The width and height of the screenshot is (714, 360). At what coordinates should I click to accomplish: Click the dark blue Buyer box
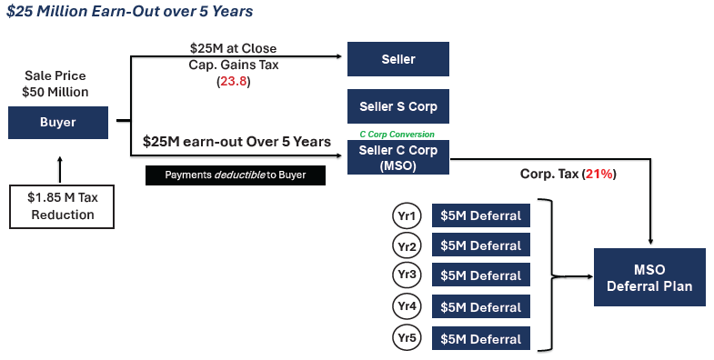pyautogui.click(x=56, y=123)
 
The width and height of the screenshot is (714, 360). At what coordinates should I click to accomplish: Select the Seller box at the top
pyautogui.click(x=398, y=59)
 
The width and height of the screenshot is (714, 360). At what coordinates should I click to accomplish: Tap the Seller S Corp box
pyautogui.click(x=398, y=107)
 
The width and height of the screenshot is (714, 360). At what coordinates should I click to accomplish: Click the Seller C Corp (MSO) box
pyautogui.click(x=398, y=156)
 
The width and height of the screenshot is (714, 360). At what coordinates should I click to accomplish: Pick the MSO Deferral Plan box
pyautogui.click(x=649, y=277)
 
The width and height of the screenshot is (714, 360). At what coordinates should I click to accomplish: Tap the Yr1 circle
pyautogui.click(x=407, y=215)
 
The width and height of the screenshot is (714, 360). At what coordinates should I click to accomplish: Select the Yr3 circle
pyautogui.click(x=407, y=275)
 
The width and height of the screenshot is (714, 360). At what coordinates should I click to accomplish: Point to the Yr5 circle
pyautogui.click(x=407, y=337)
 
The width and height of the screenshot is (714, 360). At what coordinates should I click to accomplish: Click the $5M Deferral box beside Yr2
pyautogui.click(x=480, y=245)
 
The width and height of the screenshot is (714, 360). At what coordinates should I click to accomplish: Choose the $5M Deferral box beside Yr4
pyautogui.click(x=480, y=307)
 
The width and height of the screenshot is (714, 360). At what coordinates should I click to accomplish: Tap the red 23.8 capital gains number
pyautogui.click(x=234, y=82)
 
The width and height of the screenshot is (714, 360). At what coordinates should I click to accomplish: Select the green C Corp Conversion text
pyautogui.click(x=398, y=134)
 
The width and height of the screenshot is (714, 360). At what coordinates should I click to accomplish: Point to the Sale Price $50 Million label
pyautogui.click(x=56, y=85)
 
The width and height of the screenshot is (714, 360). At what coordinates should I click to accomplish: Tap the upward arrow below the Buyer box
pyautogui.click(x=60, y=168)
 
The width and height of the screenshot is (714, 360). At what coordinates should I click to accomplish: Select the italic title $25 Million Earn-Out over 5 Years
pyautogui.click(x=130, y=12)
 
